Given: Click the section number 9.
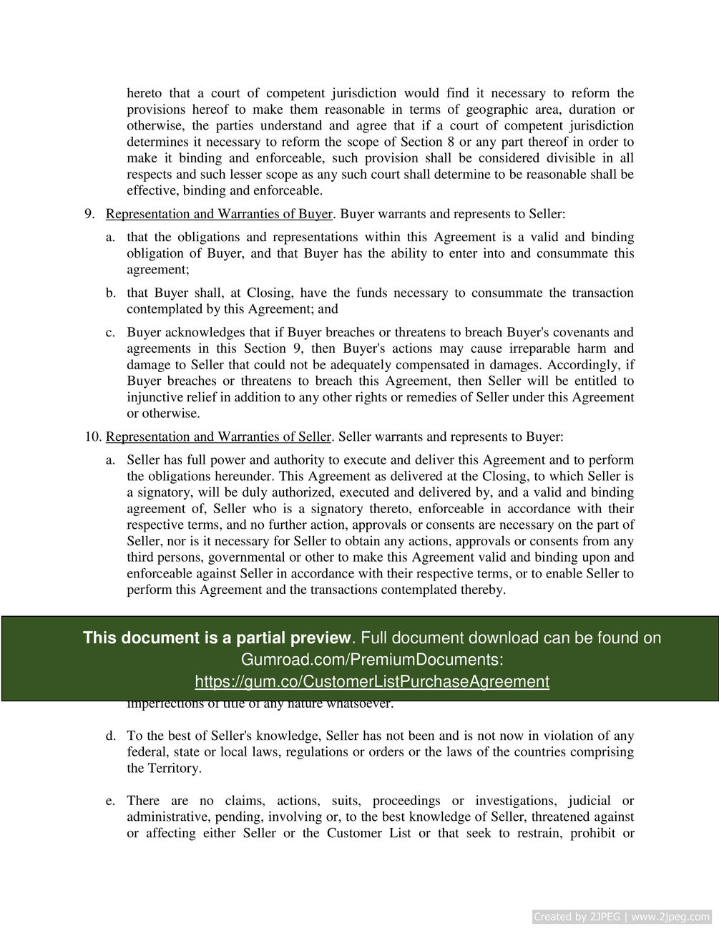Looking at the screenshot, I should coord(89,214).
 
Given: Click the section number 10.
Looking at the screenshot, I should coord(92,437).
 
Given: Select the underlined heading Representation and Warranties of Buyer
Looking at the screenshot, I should coord(219,214).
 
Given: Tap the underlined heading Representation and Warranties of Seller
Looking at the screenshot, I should coord(218,437).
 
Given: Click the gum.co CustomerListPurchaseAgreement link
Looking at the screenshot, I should coord(372,681).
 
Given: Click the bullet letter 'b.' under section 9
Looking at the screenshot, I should coord(111,293).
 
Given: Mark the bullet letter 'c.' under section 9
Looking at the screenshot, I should coord(111,332).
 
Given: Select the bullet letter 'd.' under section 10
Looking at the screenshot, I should coord(111,736).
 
